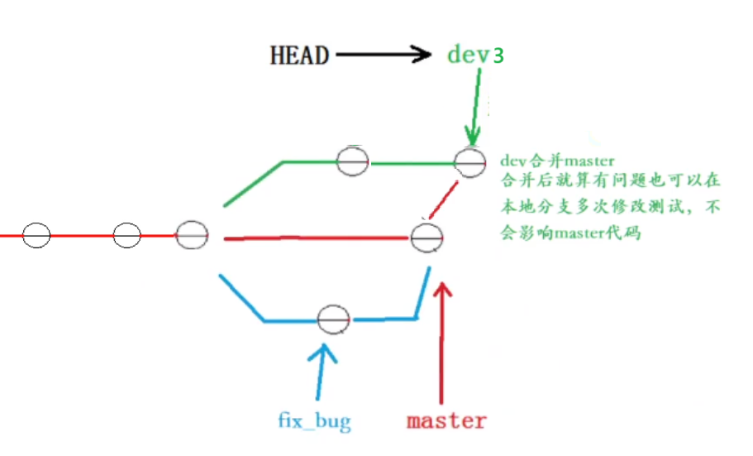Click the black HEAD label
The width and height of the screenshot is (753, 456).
(298, 55)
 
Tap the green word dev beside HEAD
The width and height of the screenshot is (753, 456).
(469, 55)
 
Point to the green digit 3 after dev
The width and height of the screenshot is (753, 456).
(498, 56)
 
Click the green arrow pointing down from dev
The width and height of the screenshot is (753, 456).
(473, 108)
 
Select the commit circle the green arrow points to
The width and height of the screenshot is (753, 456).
(468, 163)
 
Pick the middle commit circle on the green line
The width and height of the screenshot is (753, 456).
(352, 162)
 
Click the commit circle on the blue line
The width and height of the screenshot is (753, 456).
(334, 319)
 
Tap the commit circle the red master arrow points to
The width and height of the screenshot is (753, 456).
(427, 238)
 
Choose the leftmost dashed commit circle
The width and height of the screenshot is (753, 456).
(35, 235)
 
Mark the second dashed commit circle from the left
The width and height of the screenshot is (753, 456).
(126, 235)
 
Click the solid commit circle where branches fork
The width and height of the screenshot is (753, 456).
(190, 235)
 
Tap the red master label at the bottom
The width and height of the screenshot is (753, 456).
(446, 420)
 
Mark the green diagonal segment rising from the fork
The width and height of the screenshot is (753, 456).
(253, 185)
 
